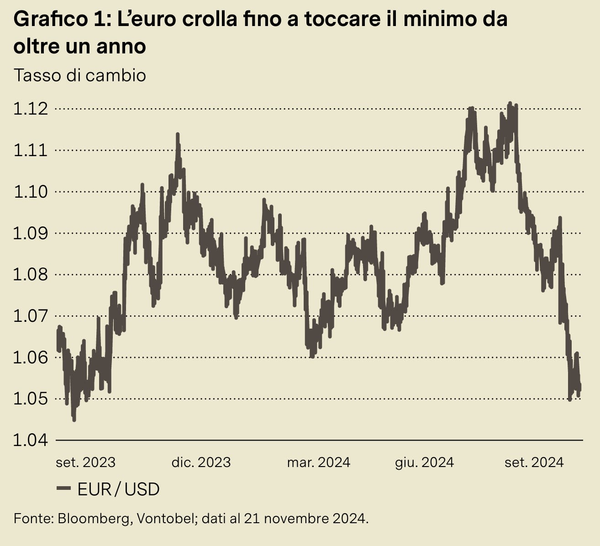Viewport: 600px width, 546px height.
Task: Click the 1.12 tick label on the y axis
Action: point(31,109)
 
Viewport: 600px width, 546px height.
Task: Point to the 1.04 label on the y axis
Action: point(31,440)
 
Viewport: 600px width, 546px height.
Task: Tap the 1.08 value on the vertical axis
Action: point(31,274)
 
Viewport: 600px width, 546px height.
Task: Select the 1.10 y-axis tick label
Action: point(31,192)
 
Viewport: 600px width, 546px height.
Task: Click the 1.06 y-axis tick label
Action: point(31,357)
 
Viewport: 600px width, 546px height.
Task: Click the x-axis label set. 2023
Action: point(85,462)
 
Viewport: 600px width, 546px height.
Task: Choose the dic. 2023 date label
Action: point(201,462)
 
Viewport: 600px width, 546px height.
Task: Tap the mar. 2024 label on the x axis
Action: point(318,462)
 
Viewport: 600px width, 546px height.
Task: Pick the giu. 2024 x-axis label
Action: point(424,462)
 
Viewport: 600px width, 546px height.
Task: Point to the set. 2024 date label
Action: point(534,462)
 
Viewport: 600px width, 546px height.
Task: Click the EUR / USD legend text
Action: point(119,489)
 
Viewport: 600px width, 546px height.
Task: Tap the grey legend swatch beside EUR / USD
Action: point(63,489)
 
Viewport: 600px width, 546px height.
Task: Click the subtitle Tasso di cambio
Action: point(80,75)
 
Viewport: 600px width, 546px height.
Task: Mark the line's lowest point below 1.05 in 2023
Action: point(74,419)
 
